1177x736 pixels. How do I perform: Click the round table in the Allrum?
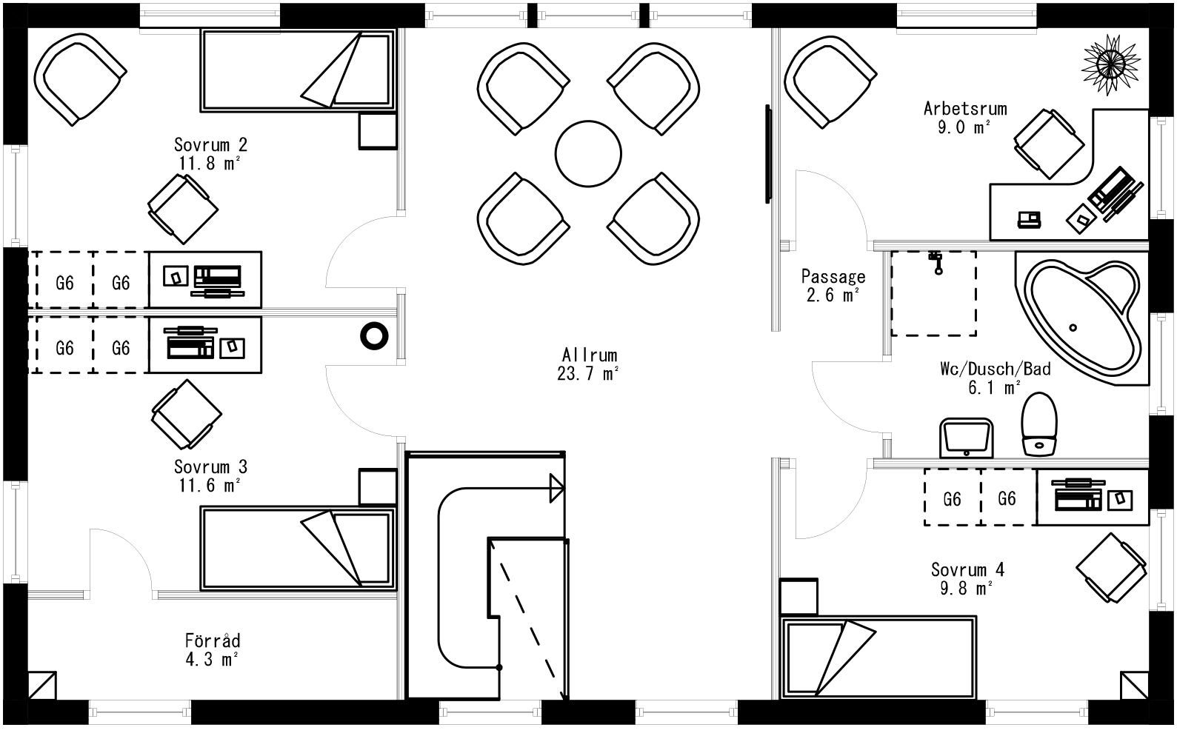587,154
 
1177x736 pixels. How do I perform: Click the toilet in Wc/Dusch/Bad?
1038,424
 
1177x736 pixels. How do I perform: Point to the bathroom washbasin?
966,438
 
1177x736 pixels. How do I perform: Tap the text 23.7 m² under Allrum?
587,374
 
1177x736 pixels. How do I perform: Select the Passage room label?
833,277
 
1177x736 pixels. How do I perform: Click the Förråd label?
213,640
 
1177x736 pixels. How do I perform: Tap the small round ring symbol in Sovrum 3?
374,335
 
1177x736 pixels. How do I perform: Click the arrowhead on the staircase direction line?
556,489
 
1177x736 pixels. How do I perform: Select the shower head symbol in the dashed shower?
936,261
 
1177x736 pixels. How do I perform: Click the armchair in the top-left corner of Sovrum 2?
80,80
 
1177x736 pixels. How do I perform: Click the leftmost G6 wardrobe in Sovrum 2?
64,282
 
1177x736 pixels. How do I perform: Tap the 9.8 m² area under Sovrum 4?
967,589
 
